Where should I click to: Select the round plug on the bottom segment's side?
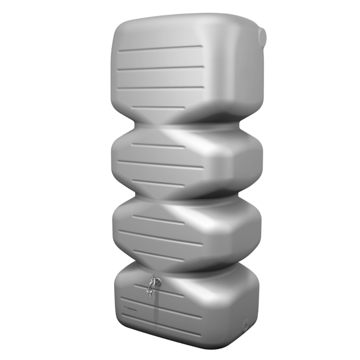[247, 324]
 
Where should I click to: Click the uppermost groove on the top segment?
[161, 48]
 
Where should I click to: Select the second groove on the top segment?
[161, 68]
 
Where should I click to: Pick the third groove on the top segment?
[161, 88]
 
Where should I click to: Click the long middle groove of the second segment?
[161, 164]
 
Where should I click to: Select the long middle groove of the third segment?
[161, 238]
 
